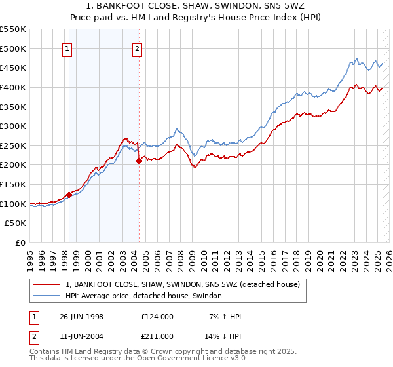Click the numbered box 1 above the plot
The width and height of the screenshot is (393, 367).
pos(68,48)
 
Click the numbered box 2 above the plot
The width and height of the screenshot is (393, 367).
pos(137,48)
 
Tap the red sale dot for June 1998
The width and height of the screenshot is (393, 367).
pos(69,195)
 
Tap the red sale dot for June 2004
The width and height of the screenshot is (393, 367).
pos(139,161)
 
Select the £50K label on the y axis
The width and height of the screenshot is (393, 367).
pos(16,223)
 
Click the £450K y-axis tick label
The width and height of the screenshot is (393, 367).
pos(13,68)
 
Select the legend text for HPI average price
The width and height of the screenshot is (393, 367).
pos(144,296)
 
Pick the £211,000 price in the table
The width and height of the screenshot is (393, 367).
pos(157,336)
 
